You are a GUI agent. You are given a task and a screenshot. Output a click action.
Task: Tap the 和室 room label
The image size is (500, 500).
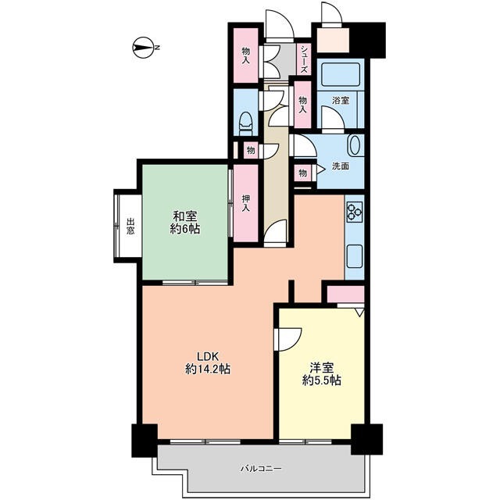pyautogui.click(x=185, y=216)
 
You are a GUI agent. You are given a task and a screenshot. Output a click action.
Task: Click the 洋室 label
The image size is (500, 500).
pyautogui.click(x=322, y=368)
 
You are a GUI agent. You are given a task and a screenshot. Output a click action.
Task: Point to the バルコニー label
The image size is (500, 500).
pyautogui.click(x=261, y=469)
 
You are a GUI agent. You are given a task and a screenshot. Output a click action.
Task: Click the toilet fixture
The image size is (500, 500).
pyautogui.click(x=247, y=123)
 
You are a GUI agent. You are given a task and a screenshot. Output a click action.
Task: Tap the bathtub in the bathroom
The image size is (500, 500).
pyautogui.click(x=341, y=75)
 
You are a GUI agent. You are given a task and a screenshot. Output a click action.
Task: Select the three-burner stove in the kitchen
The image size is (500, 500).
pyautogui.click(x=355, y=212)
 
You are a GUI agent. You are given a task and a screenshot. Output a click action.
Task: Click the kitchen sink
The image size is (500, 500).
pyautogui.click(x=355, y=256)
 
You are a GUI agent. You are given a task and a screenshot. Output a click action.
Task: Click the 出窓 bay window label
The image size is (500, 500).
pyautogui.click(x=130, y=226)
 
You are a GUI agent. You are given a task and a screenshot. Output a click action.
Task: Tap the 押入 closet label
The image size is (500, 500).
pyautogui.click(x=245, y=203)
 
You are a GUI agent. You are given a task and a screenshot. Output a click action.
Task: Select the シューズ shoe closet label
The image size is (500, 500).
pyautogui.click(x=305, y=59)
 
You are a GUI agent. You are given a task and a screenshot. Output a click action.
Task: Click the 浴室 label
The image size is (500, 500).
pyautogui.click(x=341, y=101)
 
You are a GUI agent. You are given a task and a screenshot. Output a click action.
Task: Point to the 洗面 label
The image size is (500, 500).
pyautogui.click(x=341, y=166)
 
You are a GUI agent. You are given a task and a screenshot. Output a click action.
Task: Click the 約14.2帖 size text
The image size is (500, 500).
pyautogui.click(x=208, y=369)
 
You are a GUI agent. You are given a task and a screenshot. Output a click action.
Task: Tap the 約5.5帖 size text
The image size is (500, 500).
pyautogui.click(x=322, y=380)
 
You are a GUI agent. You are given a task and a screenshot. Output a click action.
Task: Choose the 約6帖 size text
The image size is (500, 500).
pyautogui.click(x=185, y=229)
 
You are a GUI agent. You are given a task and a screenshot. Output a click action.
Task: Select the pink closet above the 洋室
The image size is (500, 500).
pyautogui.click(x=345, y=294)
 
